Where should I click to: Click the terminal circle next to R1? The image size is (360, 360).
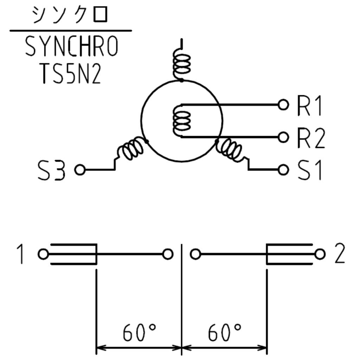point(283,104)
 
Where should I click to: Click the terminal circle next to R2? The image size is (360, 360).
point(283,137)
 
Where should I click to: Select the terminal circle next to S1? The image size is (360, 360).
point(283,170)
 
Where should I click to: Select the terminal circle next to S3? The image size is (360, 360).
point(80,170)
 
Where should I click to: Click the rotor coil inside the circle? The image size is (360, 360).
point(181,121)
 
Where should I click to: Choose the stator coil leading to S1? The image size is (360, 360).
point(230,150)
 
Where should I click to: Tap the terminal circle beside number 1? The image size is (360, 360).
point(43,254)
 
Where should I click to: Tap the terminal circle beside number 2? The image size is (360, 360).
point(319,254)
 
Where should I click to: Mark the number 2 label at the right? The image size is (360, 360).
point(339,254)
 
